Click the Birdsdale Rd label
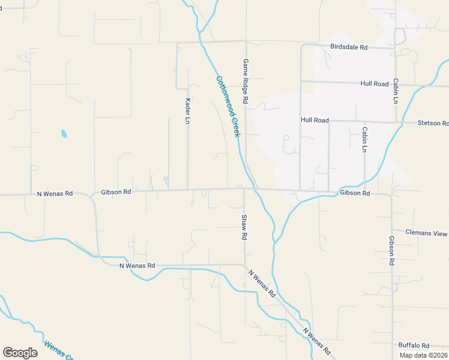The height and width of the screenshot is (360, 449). [x=348, y=46]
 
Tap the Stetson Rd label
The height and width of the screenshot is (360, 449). [x=433, y=123]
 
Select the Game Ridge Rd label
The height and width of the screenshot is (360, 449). [x=246, y=82]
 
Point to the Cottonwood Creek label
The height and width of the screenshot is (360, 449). [x=228, y=106]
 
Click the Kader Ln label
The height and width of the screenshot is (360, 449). [x=188, y=111]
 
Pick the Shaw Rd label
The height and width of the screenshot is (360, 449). [x=244, y=227]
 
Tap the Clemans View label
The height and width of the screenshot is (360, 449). [x=426, y=232]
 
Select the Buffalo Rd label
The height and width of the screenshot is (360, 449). [x=414, y=346]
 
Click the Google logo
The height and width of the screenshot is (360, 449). [x=20, y=353]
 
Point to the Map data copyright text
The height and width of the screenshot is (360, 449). [x=424, y=355]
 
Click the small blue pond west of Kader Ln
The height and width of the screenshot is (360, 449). [x=64, y=133]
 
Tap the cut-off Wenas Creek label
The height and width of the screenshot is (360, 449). [x=58, y=350]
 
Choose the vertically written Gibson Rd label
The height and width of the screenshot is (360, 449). [x=391, y=250]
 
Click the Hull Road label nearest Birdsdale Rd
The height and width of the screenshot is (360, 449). [x=375, y=84]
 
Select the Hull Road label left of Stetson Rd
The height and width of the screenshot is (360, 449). [x=315, y=120]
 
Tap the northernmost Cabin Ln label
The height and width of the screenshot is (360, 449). [x=396, y=91]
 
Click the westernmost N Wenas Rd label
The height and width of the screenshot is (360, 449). [x=55, y=194]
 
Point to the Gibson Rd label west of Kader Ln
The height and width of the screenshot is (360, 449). [x=116, y=192]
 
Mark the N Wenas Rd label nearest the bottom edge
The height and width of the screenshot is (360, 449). [x=316, y=340]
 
